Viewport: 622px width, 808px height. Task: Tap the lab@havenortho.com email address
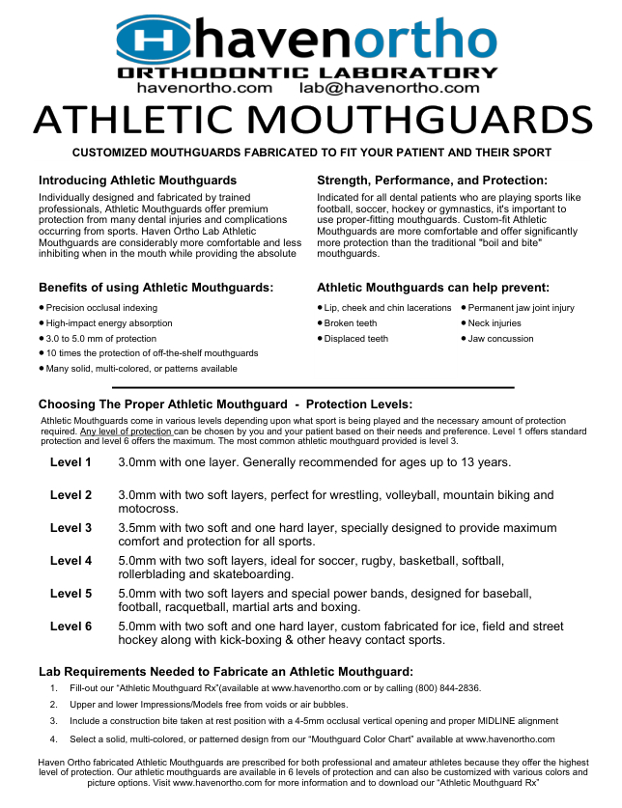pyautogui.click(x=388, y=88)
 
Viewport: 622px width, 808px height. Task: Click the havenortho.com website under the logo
pyautogui.click(x=204, y=88)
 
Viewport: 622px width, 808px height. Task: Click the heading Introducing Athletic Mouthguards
pyautogui.click(x=137, y=181)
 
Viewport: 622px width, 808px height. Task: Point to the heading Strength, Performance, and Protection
pyautogui.click(x=432, y=181)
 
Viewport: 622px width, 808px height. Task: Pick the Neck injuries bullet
pyautogui.click(x=495, y=323)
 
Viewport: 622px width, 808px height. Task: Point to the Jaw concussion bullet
pyautogui.click(x=500, y=339)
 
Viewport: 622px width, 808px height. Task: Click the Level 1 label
pyautogui.click(x=71, y=462)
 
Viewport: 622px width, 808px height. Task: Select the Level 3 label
pyautogui.click(x=71, y=528)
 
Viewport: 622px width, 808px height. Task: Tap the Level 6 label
pyautogui.click(x=71, y=627)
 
